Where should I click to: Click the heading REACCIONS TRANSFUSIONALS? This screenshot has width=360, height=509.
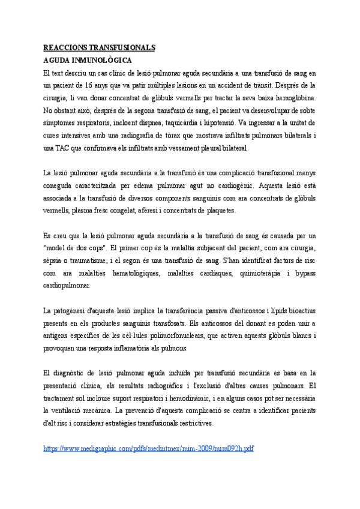(x=100, y=47)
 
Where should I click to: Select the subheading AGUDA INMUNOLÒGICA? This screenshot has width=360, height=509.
(x=88, y=61)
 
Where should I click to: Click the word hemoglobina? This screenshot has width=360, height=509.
(x=295, y=98)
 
